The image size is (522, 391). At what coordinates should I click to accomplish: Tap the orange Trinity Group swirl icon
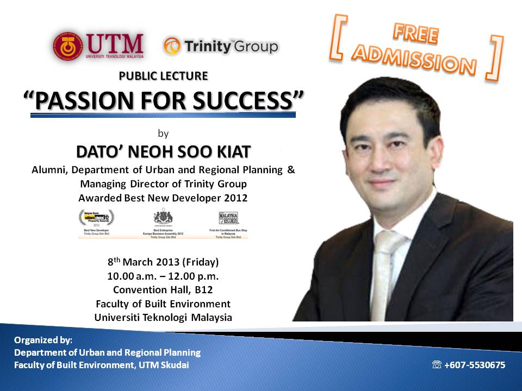pyautogui.click(x=172, y=46)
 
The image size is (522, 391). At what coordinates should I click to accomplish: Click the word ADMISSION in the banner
pyautogui.click(x=414, y=60)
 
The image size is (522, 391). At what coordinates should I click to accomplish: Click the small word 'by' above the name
pyautogui.click(x=163, y=132)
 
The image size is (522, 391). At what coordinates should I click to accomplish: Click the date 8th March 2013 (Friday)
pyautogui.click(x=163, y=262)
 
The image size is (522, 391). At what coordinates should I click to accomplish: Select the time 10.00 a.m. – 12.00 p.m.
pyautogui.click(x=163, y=276)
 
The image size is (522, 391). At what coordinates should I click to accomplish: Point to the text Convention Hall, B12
pyautogui.click(x=163, y=289)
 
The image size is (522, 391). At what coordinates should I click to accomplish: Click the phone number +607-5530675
pyautogui.click(x=475, y=365)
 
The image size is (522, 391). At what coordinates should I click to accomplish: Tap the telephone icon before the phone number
pyautogui.click(x=437, y=365)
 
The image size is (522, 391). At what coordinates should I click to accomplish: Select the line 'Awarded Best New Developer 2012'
pyautogui.click(x=163, y=198)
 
